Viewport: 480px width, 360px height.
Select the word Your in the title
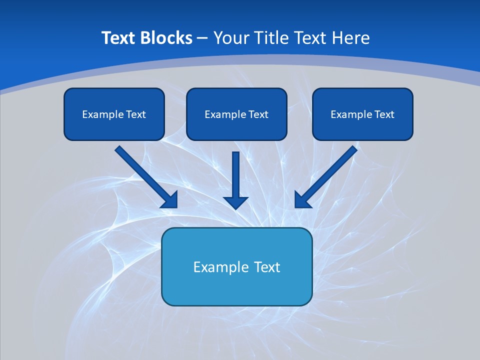tap(231, 38)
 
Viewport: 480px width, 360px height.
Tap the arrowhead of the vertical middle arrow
tap(236, 202)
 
